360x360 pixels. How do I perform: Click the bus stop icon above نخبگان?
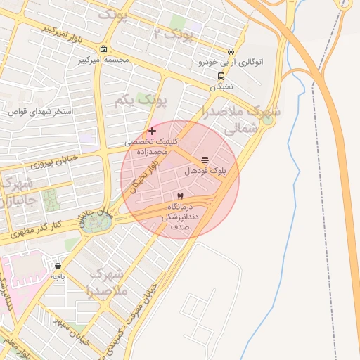(x=221, y=77)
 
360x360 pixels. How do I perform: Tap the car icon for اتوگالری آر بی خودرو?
(x=231, y=51)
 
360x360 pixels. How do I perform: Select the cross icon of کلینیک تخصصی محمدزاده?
(x=152, y=131)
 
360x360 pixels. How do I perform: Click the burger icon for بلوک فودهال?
(x=205, y=160)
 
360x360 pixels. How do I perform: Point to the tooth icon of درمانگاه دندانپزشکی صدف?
(x=180, y=195)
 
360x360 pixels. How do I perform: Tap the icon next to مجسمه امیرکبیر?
(x=104, y=49)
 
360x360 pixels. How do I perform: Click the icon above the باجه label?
(x=57, y=266)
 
